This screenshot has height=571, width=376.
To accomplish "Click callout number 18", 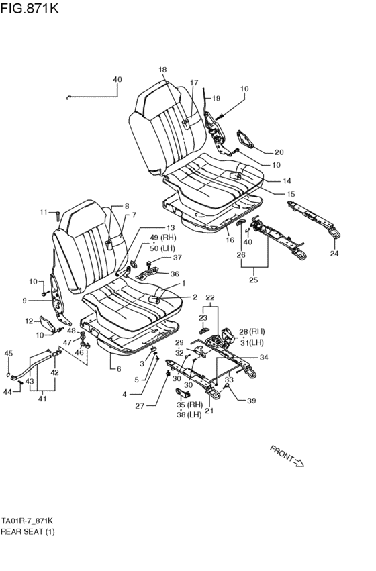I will (162, 70).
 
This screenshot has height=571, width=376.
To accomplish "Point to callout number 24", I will (335, 253).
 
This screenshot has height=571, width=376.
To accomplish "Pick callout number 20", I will (279, 152).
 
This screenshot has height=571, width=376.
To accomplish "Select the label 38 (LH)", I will (189, 414).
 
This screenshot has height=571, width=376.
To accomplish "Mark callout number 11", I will (43, 213).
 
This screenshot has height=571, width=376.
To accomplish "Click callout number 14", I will (287, 180).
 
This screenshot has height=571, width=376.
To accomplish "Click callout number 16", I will (229, 239).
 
